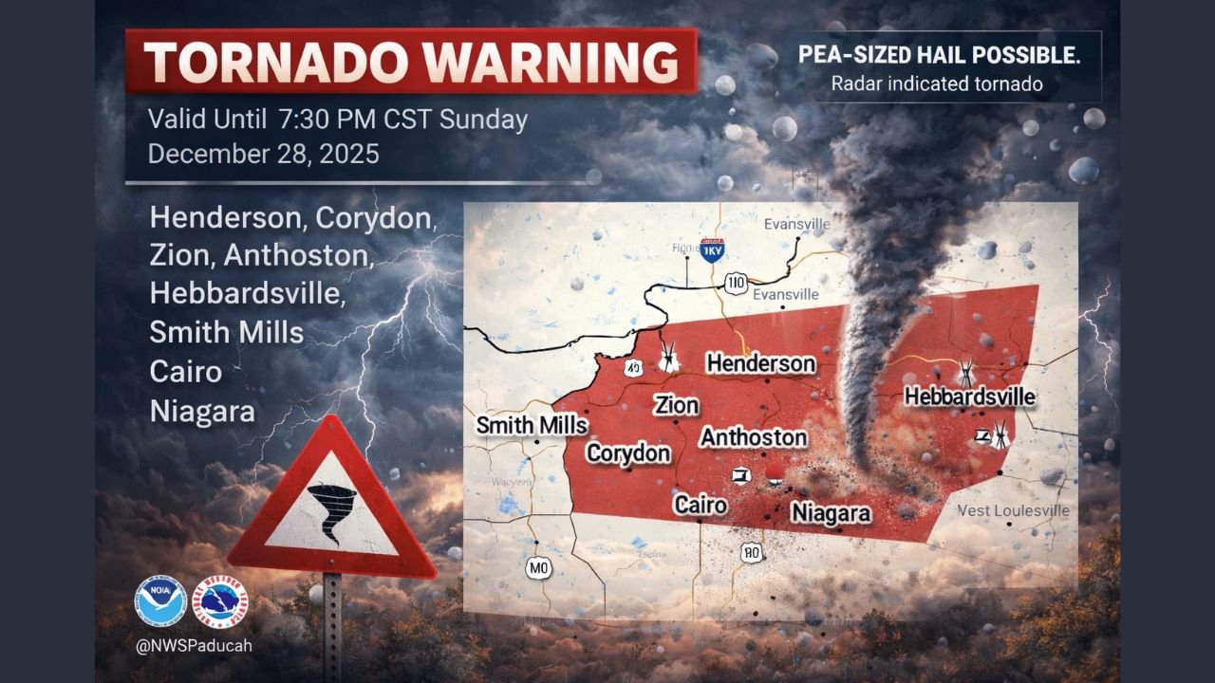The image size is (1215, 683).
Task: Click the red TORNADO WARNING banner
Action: pos(411,62)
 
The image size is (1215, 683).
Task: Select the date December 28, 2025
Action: pos(263,154)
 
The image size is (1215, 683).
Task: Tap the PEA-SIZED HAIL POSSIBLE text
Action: pos(938,56)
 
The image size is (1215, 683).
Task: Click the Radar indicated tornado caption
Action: pos(937,84)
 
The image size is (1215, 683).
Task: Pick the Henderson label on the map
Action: pos(760,363)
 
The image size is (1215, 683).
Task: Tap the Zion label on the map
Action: pos(676,406)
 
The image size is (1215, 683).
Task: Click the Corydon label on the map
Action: pos(627,453)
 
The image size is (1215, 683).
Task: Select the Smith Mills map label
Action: pos(532,426)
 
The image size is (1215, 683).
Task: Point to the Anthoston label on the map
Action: pos(754,437)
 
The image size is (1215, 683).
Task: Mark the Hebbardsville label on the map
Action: pos(969,397)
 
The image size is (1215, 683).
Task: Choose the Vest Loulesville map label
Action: pos(1013,510)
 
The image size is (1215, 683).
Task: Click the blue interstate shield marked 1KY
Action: pos(712,249)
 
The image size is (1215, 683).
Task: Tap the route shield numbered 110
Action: pos(736,282)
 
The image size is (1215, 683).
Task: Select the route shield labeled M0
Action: pos(538,567)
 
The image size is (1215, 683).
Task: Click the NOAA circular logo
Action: pos(159,600)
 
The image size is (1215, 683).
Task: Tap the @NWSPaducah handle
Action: pos(193,645)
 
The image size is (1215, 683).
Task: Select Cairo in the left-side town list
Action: pos(185,371)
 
